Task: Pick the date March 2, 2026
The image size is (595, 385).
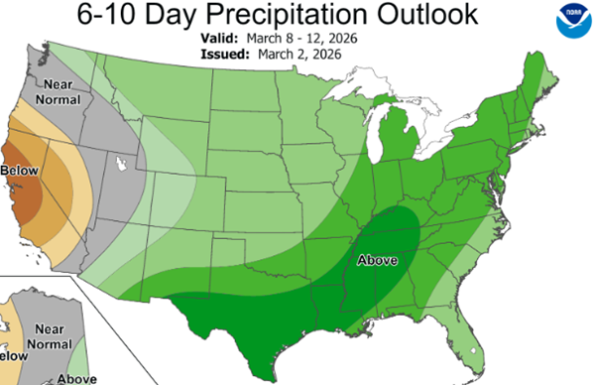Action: (x=304, y=53)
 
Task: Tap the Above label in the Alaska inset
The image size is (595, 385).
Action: (x=76, y=378)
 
